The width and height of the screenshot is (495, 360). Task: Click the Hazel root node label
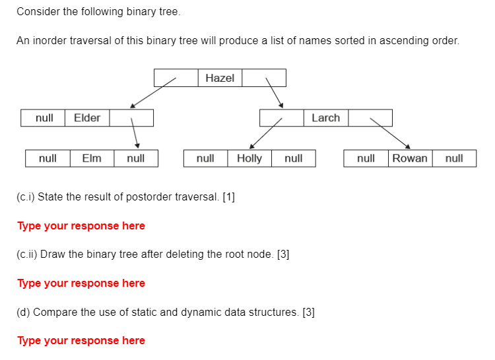[220, 78]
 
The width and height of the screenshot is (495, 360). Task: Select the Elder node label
[87, 118]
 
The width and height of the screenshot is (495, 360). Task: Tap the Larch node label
[325, 118]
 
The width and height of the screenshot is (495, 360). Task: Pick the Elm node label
[92, 158]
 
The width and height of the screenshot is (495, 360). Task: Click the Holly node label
[249, 158]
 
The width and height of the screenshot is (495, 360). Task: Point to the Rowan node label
[410, 158]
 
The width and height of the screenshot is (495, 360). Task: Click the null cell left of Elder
[44, 118]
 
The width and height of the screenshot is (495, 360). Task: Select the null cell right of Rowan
[454, 158]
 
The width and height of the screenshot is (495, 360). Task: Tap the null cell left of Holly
[205, 158]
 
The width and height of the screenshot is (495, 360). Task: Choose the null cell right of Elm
[136, 158]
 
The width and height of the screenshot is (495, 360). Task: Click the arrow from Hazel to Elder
[153, 92]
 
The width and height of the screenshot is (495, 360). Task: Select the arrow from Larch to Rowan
[389, 133]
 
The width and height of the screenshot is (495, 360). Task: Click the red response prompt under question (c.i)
[81, 225]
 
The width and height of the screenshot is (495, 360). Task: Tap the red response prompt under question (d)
[81, 340]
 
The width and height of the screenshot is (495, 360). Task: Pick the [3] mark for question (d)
[308, 312]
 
